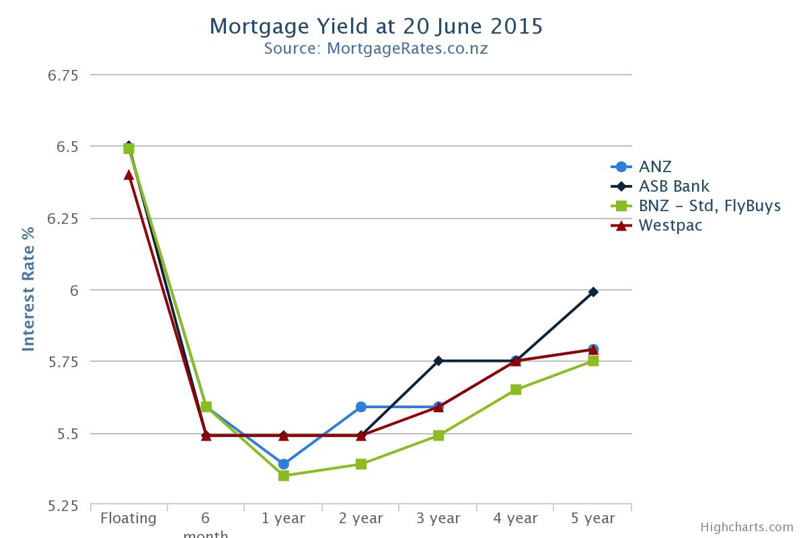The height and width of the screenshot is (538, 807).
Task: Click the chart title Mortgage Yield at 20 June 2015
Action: tap(375, 26)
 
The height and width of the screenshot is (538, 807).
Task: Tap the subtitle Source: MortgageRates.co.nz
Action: tap(375, 48)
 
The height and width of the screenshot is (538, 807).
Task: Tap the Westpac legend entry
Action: tap(670, 225)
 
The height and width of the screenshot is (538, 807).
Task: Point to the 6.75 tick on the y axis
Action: tap(63, 75)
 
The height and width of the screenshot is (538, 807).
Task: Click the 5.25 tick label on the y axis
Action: tap(63, 506)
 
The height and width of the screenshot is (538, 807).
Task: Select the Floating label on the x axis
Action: tap(128, 518)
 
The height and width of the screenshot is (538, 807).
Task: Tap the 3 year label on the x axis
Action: tap(438, 518)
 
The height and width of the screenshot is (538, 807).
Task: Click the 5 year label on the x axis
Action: tap(592, 518)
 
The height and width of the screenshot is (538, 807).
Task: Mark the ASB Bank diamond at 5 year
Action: tap(593, 292)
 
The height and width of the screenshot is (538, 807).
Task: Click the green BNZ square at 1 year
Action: tap(284, 475)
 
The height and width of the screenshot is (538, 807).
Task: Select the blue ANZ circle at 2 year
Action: tap(361, 407)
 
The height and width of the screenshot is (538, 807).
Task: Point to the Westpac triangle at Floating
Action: tap(129, 175)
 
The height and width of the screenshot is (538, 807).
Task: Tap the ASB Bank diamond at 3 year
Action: tap(438, 361)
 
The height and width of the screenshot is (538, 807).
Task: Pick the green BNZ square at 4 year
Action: tap(516, 389)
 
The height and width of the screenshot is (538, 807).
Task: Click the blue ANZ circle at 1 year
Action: tap(284, 464)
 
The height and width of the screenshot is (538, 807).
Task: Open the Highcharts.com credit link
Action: tap(746, 527)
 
